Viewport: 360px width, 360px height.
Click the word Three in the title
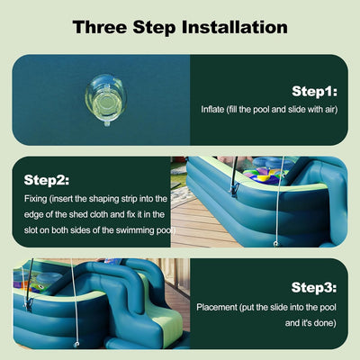click(100, 27)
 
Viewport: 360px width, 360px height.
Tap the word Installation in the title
click(235, 27)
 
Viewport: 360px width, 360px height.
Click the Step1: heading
click(315, 91)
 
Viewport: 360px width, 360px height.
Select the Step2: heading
click(47, 180)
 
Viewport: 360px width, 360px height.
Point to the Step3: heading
click(314, 287)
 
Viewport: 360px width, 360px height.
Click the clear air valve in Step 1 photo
click(105, 101)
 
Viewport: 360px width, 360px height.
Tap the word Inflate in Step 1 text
click(212, 109)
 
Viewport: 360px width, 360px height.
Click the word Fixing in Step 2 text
click(35, 199)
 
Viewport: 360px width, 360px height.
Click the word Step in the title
click(154, 28)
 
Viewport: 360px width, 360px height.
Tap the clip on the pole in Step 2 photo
click(233, 189)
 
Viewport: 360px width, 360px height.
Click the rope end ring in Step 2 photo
click(275, 243)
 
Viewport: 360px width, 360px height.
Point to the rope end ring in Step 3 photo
click(76, 345)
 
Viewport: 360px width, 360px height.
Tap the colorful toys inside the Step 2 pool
click(264, 175)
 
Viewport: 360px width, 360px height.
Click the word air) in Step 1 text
click(331, 110)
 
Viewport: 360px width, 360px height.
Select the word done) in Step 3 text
click(326, 323)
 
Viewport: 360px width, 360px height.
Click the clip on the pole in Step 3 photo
click(29, 303)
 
